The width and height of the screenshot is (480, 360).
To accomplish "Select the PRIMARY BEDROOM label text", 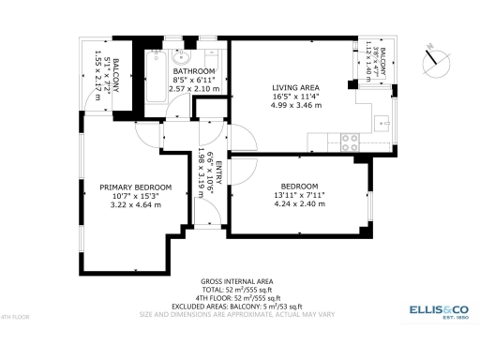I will click(136, 187).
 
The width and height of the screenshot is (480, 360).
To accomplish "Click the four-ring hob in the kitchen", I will click(351, 142).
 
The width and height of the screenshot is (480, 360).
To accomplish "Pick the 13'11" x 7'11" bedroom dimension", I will click(299, 195).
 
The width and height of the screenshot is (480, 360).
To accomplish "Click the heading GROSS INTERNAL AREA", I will click(236, 281).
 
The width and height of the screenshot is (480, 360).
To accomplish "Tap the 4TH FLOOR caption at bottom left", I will click(16, 318).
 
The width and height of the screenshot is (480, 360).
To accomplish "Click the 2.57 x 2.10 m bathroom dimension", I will click(194, 89).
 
